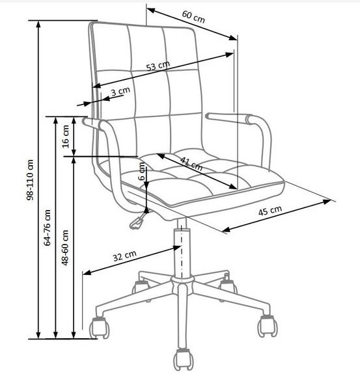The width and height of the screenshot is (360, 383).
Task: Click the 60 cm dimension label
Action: point(193,17)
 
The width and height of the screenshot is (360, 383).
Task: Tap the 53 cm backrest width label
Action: point(158,66)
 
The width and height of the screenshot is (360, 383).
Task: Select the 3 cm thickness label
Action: point(120,91)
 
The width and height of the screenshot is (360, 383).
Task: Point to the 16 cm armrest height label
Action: point(66,137)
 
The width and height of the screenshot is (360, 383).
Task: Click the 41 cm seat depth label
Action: point(191,163)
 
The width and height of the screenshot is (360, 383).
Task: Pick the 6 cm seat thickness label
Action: point(142,172)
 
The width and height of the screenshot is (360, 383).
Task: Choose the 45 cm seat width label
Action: point(270,211)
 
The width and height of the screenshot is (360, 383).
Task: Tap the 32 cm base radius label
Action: point(124,256)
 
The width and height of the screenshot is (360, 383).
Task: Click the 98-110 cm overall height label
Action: point(30,179)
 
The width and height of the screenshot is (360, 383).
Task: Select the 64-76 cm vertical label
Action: point(48,227)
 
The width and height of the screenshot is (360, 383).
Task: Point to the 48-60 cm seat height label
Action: point(65,247)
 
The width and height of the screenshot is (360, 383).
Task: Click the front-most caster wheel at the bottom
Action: point(184,360)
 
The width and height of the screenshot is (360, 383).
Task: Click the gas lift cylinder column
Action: point(182,253)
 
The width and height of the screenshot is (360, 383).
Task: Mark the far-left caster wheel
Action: point(100,328)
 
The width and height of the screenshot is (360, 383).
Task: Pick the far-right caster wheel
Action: point(268,326)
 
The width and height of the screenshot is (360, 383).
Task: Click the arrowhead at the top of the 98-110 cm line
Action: point(38,24)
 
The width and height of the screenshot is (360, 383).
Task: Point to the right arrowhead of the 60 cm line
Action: point(233,38)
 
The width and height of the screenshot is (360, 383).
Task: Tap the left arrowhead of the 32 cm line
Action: point(87,272)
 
